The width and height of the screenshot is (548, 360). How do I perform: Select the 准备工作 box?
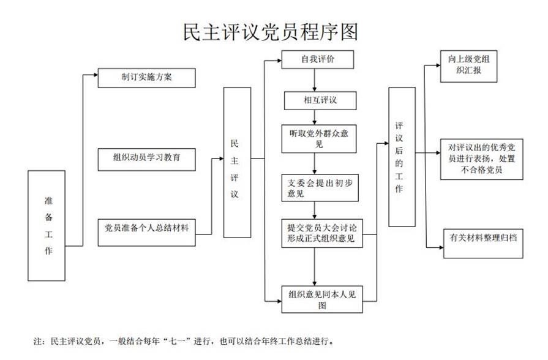point(48,225)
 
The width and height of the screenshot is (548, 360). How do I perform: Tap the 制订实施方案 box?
point(146,78)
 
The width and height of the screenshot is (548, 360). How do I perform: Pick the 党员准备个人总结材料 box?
point(146,232)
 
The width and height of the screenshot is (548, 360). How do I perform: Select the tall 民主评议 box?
point(237,162)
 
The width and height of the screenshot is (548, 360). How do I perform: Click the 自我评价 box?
point(316,59)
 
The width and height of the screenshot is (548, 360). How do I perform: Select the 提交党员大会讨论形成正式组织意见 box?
point(321,233)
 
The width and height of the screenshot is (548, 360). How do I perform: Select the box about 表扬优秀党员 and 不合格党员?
point(481,159)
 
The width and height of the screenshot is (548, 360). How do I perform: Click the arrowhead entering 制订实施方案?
point(94,76)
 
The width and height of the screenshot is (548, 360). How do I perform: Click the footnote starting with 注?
point(184,340)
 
